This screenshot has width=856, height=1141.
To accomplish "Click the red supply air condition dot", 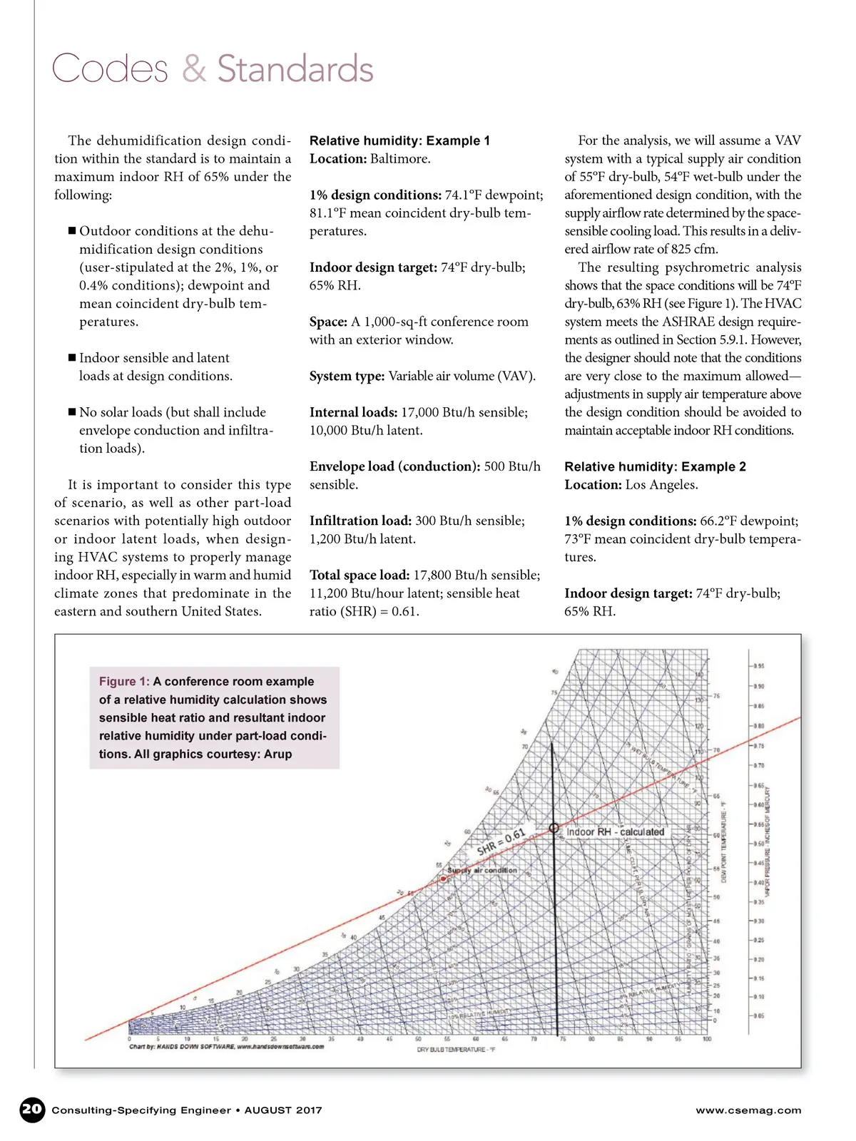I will (x=444, y=879).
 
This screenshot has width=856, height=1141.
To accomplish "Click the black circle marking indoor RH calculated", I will (x=554, y=828).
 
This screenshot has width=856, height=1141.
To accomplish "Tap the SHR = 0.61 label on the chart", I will (x=501, y=842).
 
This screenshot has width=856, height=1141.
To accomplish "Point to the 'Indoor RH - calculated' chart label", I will (x=615, y=832).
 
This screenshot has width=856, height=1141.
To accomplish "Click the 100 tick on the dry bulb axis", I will (x=707, y=1039).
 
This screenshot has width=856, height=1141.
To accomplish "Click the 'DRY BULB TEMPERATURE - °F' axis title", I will (x=456, y=1050).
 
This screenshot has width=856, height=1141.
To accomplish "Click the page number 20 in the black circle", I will (x=32, y=1109).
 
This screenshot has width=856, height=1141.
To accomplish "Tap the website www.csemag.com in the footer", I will (x=748, y=1110).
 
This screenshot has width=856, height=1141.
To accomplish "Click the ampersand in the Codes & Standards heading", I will (x=193, y=69).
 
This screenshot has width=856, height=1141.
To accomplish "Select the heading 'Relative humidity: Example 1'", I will (x=399, y=140).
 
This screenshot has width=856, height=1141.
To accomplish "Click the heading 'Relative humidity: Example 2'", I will (x=655, y=466).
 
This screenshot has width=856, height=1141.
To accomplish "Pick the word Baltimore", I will (x=399, y=158).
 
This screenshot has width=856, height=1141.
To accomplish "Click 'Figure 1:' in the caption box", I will (x=124, y=681).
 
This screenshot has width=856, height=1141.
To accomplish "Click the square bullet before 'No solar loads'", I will (x=72, y=412).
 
